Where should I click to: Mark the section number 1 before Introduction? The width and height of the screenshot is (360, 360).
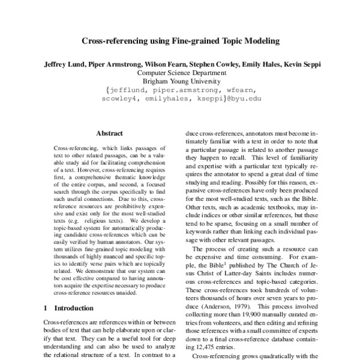pos(46,308)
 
